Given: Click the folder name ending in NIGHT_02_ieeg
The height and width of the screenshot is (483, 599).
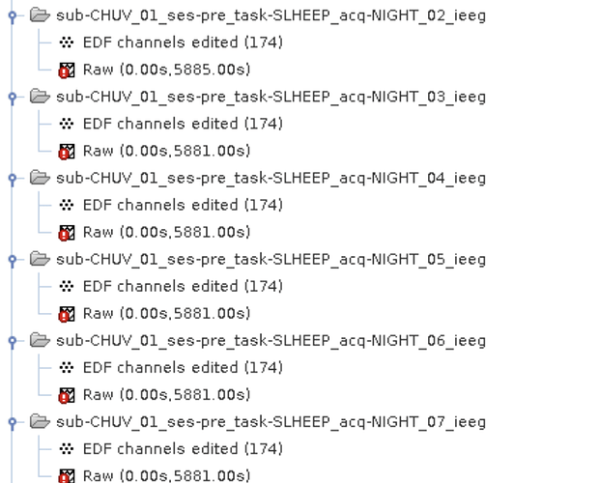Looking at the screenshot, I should (271, 15).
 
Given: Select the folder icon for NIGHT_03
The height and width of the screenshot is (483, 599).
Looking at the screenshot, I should (40, 97).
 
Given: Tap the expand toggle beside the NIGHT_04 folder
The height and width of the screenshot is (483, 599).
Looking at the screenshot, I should (12, 178).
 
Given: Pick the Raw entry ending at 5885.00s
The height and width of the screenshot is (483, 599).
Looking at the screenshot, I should (166, 70).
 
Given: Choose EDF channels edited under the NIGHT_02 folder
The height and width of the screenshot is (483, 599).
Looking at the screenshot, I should (183, 43).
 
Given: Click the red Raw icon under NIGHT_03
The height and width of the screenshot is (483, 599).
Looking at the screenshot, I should (67, 151).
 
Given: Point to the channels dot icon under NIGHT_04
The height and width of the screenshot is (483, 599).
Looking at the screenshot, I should (67, 205).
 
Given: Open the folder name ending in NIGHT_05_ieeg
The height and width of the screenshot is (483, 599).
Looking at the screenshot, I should (271, 259).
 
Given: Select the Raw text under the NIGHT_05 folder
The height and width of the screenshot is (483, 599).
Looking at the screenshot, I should (166, 313).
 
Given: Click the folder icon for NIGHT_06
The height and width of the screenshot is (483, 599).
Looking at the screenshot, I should (40, 340).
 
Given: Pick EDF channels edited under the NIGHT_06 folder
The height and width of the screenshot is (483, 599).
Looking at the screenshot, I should (183, 367).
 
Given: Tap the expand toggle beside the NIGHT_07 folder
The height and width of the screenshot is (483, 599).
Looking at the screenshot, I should (12, 421).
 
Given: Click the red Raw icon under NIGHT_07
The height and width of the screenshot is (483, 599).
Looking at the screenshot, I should (67, 475).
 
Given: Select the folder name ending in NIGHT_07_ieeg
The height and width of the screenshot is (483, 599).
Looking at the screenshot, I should (271, 421).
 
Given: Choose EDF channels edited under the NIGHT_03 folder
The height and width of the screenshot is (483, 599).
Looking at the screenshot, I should (183, 124).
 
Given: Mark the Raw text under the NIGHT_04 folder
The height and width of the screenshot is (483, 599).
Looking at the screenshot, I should (166, 232).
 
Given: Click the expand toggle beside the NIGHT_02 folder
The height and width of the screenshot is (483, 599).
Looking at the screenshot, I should (12, 15).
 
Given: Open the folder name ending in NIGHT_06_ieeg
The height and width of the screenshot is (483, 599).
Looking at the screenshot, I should (271, 340).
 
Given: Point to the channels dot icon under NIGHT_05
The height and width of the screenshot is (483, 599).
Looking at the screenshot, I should (67, 286).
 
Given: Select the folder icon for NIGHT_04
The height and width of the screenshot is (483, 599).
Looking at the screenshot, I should (40, 178).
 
